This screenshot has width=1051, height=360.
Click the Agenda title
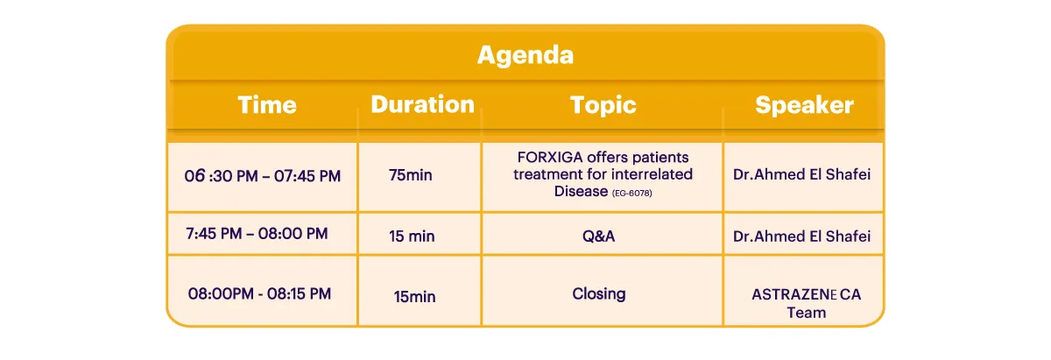click(525, 55)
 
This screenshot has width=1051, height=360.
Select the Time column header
click(267, 104)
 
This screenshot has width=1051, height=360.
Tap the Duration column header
click(423, 104)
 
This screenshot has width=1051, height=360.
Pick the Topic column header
click(603, 105)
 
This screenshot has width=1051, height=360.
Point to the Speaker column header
click(804, 105)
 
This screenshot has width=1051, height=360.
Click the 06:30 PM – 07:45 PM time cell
click(262, 176)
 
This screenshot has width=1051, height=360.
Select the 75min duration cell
click(411, 175)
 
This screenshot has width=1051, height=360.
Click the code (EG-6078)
click(632, 193)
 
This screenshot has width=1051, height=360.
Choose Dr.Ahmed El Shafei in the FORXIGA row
click(801, 174)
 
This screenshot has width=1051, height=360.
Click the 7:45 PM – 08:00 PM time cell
click(257, 233)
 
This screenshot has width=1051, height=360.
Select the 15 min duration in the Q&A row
click(412, 236)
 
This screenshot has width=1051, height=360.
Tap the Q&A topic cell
click(598, 236)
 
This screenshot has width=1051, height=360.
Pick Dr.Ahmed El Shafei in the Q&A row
click(801, 236)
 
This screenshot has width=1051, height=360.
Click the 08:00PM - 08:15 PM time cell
click(259, 293)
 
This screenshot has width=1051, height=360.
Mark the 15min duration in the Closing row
click(414, 297)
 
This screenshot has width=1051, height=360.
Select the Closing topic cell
click(599, 293)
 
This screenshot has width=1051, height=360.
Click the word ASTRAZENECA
click(806, 294)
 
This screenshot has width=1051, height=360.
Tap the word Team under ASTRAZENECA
click(806, 313)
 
